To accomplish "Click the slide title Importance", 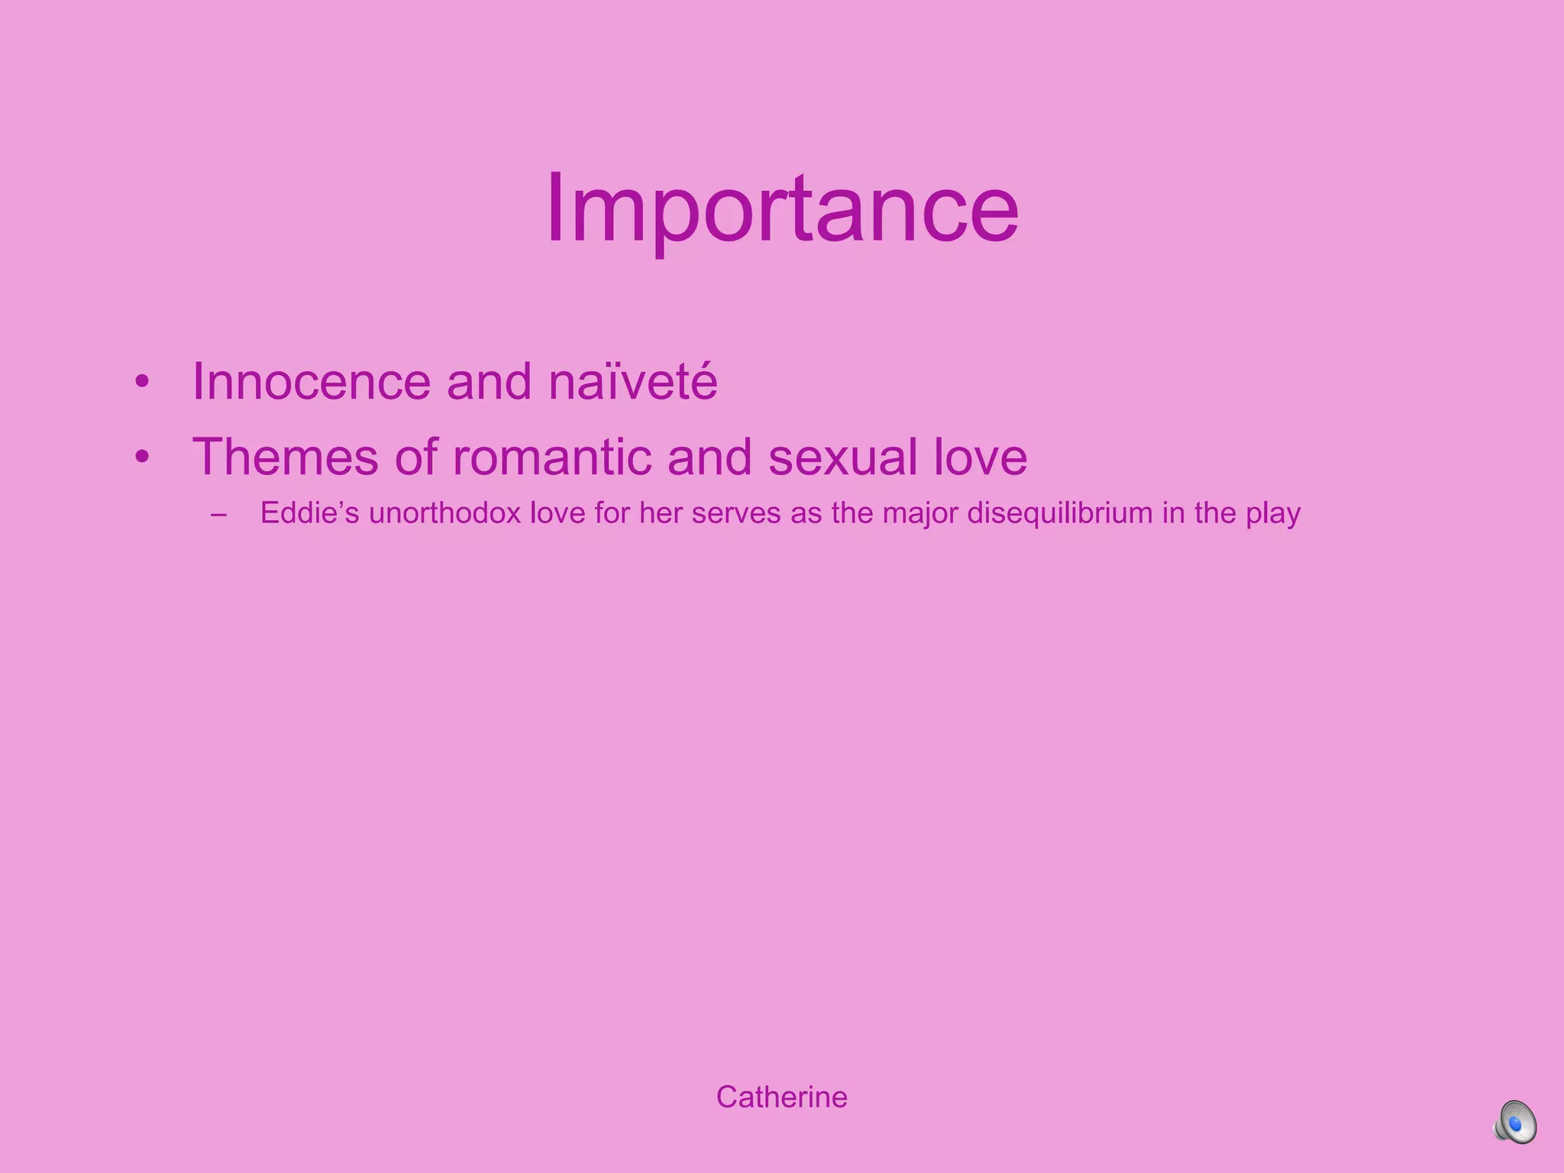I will tap(782, 208).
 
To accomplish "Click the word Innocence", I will tap(312, 381).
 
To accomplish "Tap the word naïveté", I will tap(633, 381).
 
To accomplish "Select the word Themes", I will tap(285, 457).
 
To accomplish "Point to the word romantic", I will tap(551, 457).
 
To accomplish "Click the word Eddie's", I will tap(309, 513).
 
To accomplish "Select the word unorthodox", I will tap(444, 513).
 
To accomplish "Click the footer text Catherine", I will tap(781, 1097).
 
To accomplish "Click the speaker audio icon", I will tap(1515, 1122).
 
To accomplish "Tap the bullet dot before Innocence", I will tap(141, 382).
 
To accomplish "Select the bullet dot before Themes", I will tap(141, 457).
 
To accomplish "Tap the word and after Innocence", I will tap(489, 381).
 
